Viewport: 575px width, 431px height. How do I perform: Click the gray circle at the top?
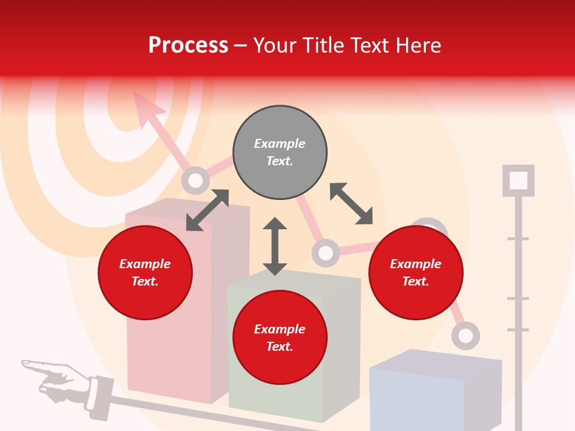tap(280, 153)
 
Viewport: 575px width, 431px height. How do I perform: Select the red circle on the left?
tap(145, 272)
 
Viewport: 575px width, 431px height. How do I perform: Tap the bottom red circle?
tap(280, 338)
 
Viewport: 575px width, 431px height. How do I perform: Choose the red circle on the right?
tap(416, 272)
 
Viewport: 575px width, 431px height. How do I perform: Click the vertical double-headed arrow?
tap(275, 246)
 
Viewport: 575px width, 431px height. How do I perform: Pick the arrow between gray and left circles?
tap(207, 210)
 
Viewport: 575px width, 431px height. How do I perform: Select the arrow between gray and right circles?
tap(351, 204)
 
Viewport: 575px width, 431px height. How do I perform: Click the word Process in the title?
tap(188, 45)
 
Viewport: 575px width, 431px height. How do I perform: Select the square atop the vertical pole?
tap(518, 180)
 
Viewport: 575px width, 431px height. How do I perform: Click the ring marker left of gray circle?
tap(195, 180)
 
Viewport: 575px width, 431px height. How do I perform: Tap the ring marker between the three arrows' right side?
tap(325, 253)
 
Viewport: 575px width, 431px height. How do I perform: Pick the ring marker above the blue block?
tap(465, 335)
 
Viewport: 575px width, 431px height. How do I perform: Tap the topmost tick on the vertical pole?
tap(518, 239)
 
